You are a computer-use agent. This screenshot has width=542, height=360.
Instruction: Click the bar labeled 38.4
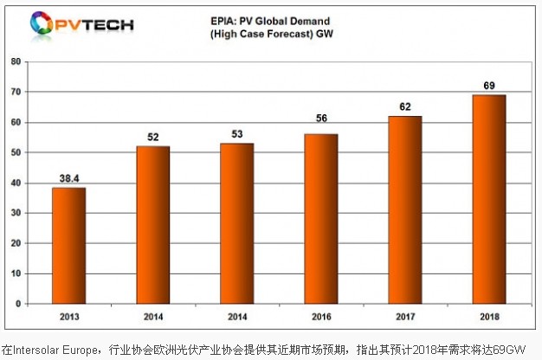pos(70,246)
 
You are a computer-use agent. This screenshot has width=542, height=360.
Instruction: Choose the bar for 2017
pos(405,210)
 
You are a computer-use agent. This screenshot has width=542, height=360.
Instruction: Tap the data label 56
pos(322,125)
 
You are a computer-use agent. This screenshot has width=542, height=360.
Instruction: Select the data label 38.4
pos(70,178)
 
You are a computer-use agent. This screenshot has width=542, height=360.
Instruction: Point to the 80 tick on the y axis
pos(16,61)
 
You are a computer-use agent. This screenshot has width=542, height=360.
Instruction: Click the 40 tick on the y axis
pos(16,183)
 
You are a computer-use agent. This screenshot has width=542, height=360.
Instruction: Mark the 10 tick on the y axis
pos(16,273)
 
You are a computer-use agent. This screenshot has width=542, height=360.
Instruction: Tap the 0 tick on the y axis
pos(19,304)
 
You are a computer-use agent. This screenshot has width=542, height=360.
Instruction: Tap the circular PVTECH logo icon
pos(41,22)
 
